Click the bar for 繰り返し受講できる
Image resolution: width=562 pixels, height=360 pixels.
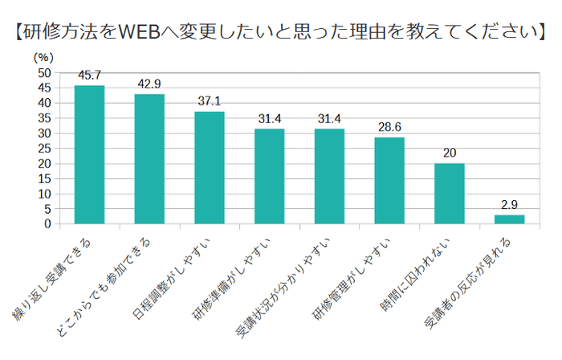(x=89, y=154)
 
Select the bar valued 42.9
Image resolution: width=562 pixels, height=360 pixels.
(x=149, y=158)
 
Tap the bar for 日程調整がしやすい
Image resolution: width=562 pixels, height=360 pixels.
(x=210, y=167)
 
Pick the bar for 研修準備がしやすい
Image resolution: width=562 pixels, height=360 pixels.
(x=269, y=176)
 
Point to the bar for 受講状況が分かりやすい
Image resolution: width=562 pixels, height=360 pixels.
(x=329, y=176)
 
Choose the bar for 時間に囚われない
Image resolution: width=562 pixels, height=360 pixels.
(x=449, y=193)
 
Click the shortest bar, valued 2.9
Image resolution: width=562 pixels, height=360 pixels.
(x=509, y=219)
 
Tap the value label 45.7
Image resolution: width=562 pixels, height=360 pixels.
(x=89, y=76)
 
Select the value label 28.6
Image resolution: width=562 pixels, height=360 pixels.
(x=389, y=128)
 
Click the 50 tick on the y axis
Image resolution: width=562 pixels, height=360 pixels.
(x=45, y=72)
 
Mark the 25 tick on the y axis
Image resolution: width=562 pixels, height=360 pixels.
(x=45, y=148)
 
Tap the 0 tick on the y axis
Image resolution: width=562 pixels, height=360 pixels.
(x=48, y=223)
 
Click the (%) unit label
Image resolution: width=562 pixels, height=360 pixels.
(x=43, y=57)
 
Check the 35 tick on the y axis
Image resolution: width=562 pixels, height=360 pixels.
(x=45, y=118)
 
